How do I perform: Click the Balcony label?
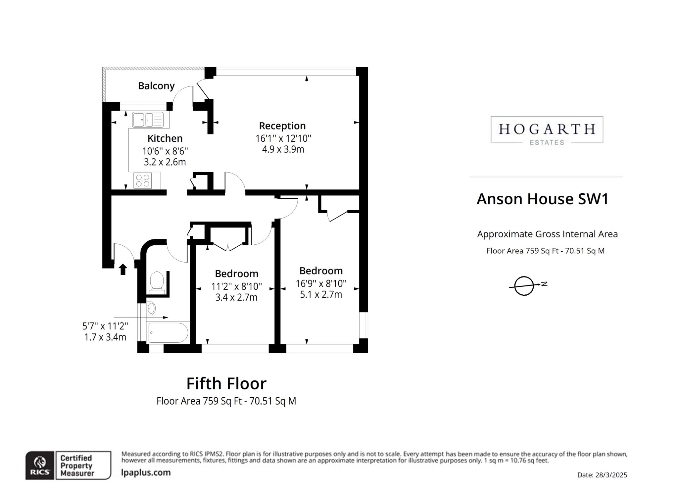click(x=156, y=86)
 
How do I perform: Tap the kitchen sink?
click(x=148, y=120)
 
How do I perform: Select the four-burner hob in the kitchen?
click(x=143, y=180)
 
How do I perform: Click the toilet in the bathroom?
click(x=157, y=282)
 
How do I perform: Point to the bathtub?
click(x=168, y=332)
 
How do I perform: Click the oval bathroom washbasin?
click(x=151, y=308)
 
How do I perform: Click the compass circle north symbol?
click(x=524, y=285)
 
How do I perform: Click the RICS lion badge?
click(x=40, y=465)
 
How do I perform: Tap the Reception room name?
click(x=282, y=126)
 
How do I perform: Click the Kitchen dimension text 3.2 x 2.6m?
click(x=165, y=162)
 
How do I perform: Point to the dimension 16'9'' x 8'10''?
click(x=321, y=283)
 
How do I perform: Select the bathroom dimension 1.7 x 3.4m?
click(x=105, y=337)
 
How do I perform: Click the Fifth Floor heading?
click(x=226, y=383)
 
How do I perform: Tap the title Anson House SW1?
click(x=542, y=199)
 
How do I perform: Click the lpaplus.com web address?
click(x=146, y=472)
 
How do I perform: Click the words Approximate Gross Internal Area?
click(x=547, y=234)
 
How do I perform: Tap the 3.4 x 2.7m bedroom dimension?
click(x=236, y=297)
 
